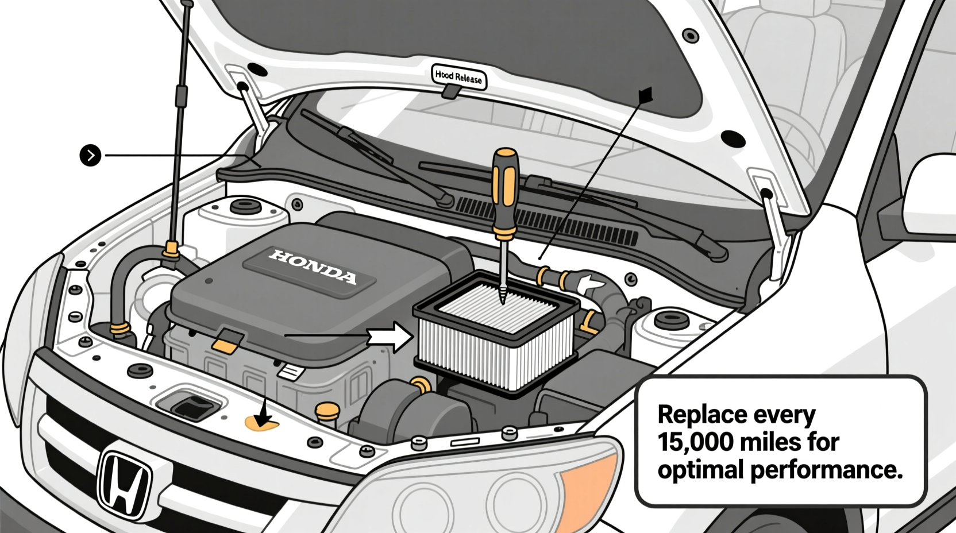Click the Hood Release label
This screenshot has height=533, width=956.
[458, 76]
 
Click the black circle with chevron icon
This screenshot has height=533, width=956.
[90, 155]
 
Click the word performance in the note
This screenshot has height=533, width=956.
[826, 470]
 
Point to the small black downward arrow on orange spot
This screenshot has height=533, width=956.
[264, 415]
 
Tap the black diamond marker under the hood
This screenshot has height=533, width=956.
[646, 95]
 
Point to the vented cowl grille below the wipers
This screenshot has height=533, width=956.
[552, 221]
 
